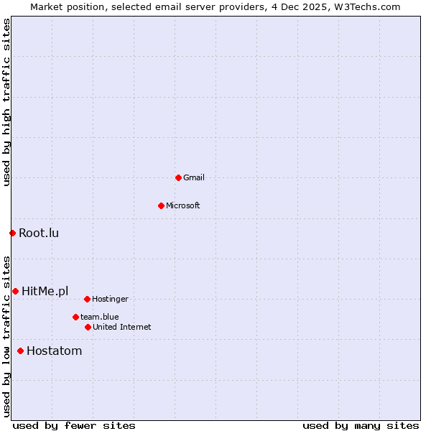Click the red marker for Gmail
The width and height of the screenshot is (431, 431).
coord(178,177)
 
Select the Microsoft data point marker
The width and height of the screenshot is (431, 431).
coord(161,205)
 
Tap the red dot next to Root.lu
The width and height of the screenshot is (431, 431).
coord(12,233)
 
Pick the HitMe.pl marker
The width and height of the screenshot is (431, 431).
coord(15,291)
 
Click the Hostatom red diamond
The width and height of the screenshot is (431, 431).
coord(20,351)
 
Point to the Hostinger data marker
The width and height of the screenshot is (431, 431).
coord(87,299)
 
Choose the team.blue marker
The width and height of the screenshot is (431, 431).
coord(75,317)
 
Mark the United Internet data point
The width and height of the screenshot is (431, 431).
coord(88,327)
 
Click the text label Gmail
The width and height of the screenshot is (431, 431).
coord(194,177)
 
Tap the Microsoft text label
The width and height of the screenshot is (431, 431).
coord(183,205)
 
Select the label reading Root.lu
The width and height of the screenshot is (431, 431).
coord(39,233)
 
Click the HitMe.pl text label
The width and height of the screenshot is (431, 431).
coord(45,291)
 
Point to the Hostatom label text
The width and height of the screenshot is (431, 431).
coord(54,351)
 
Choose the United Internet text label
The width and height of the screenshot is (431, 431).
coord(122,327)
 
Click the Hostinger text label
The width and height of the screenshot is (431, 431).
coord(110,299)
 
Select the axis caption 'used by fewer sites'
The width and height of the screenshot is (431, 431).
coord(74,425)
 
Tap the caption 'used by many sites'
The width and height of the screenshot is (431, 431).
coord(361,425)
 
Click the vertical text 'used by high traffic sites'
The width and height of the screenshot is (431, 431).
coord(6,102)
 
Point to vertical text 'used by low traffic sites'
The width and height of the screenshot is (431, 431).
coord(6,335)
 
